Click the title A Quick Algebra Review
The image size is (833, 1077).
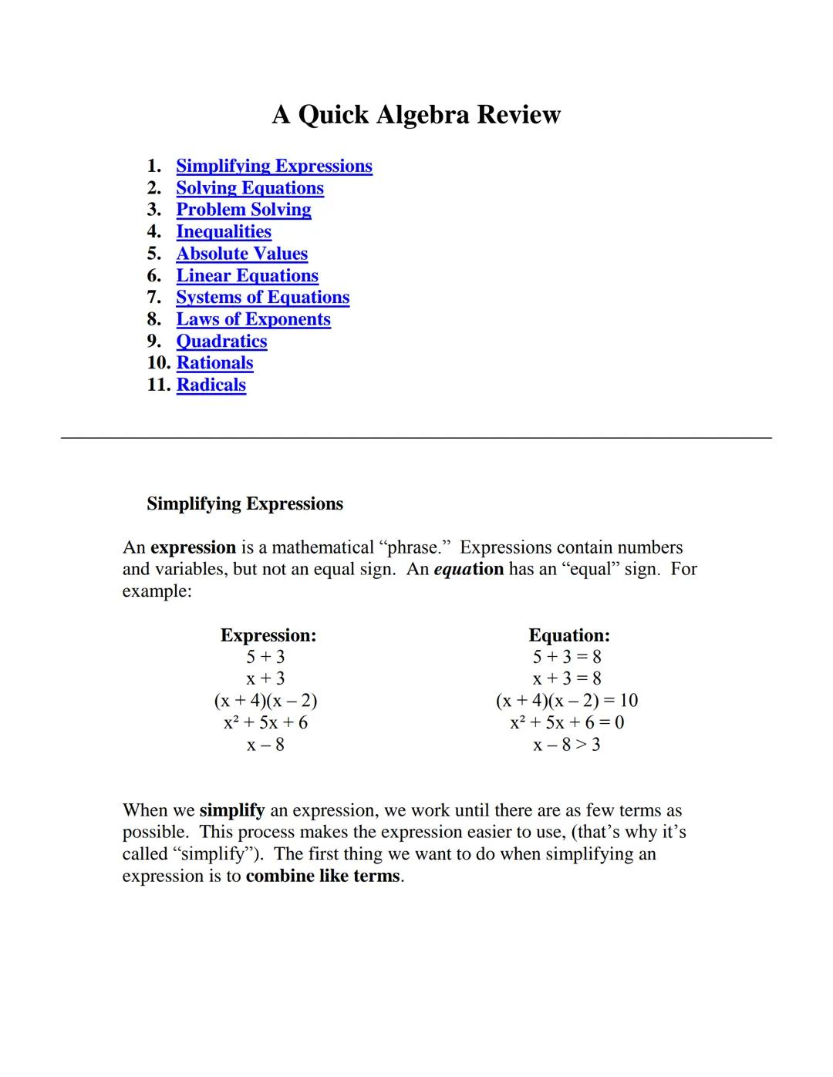(x=416, y=115)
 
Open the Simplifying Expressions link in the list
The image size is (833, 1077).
(x=274, y=167)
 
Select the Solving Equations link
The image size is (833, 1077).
(x=250, y=188)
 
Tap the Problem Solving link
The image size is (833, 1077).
(x=244, y=210)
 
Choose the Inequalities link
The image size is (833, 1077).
(x=224, y=232)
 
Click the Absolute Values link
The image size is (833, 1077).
(x=241, y=254)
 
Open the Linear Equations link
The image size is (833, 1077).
(x=247, y=276)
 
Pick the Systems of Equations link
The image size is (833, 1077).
(x=262, y=298)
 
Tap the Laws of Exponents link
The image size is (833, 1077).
(x=253, y=319)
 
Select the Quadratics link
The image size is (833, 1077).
(x=221, y=342)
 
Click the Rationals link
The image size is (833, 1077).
(x=214, y=363)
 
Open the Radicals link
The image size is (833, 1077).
(x=211, y=385)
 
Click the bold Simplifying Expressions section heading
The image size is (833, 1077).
(x=245, y=504)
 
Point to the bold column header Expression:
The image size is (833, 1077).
(x=268, y=635)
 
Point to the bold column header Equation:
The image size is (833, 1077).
(x=568, y=635)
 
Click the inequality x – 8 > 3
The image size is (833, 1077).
(x=566, y=745)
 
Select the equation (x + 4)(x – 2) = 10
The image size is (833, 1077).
(x=566, y=701)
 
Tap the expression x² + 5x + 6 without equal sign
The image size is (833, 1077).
(x=265, y=723)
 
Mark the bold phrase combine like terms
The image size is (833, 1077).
(x=323, y=877)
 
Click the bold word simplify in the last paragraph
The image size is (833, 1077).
(x=231, y=811)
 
